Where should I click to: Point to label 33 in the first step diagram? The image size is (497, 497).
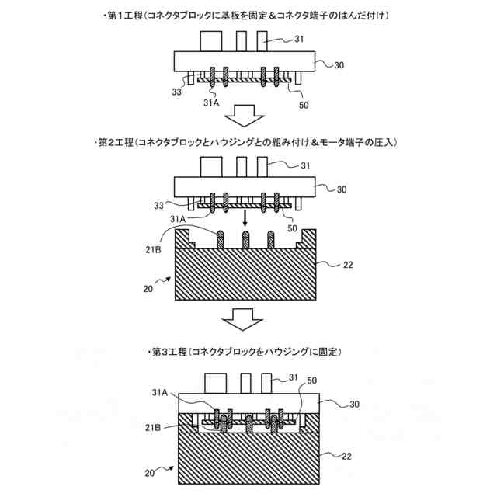pos(177,92)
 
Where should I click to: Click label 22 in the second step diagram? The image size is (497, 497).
pos(348,266)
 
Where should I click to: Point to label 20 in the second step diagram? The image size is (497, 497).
pos(148,290)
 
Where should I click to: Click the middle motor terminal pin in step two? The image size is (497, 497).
pos(245,238)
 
